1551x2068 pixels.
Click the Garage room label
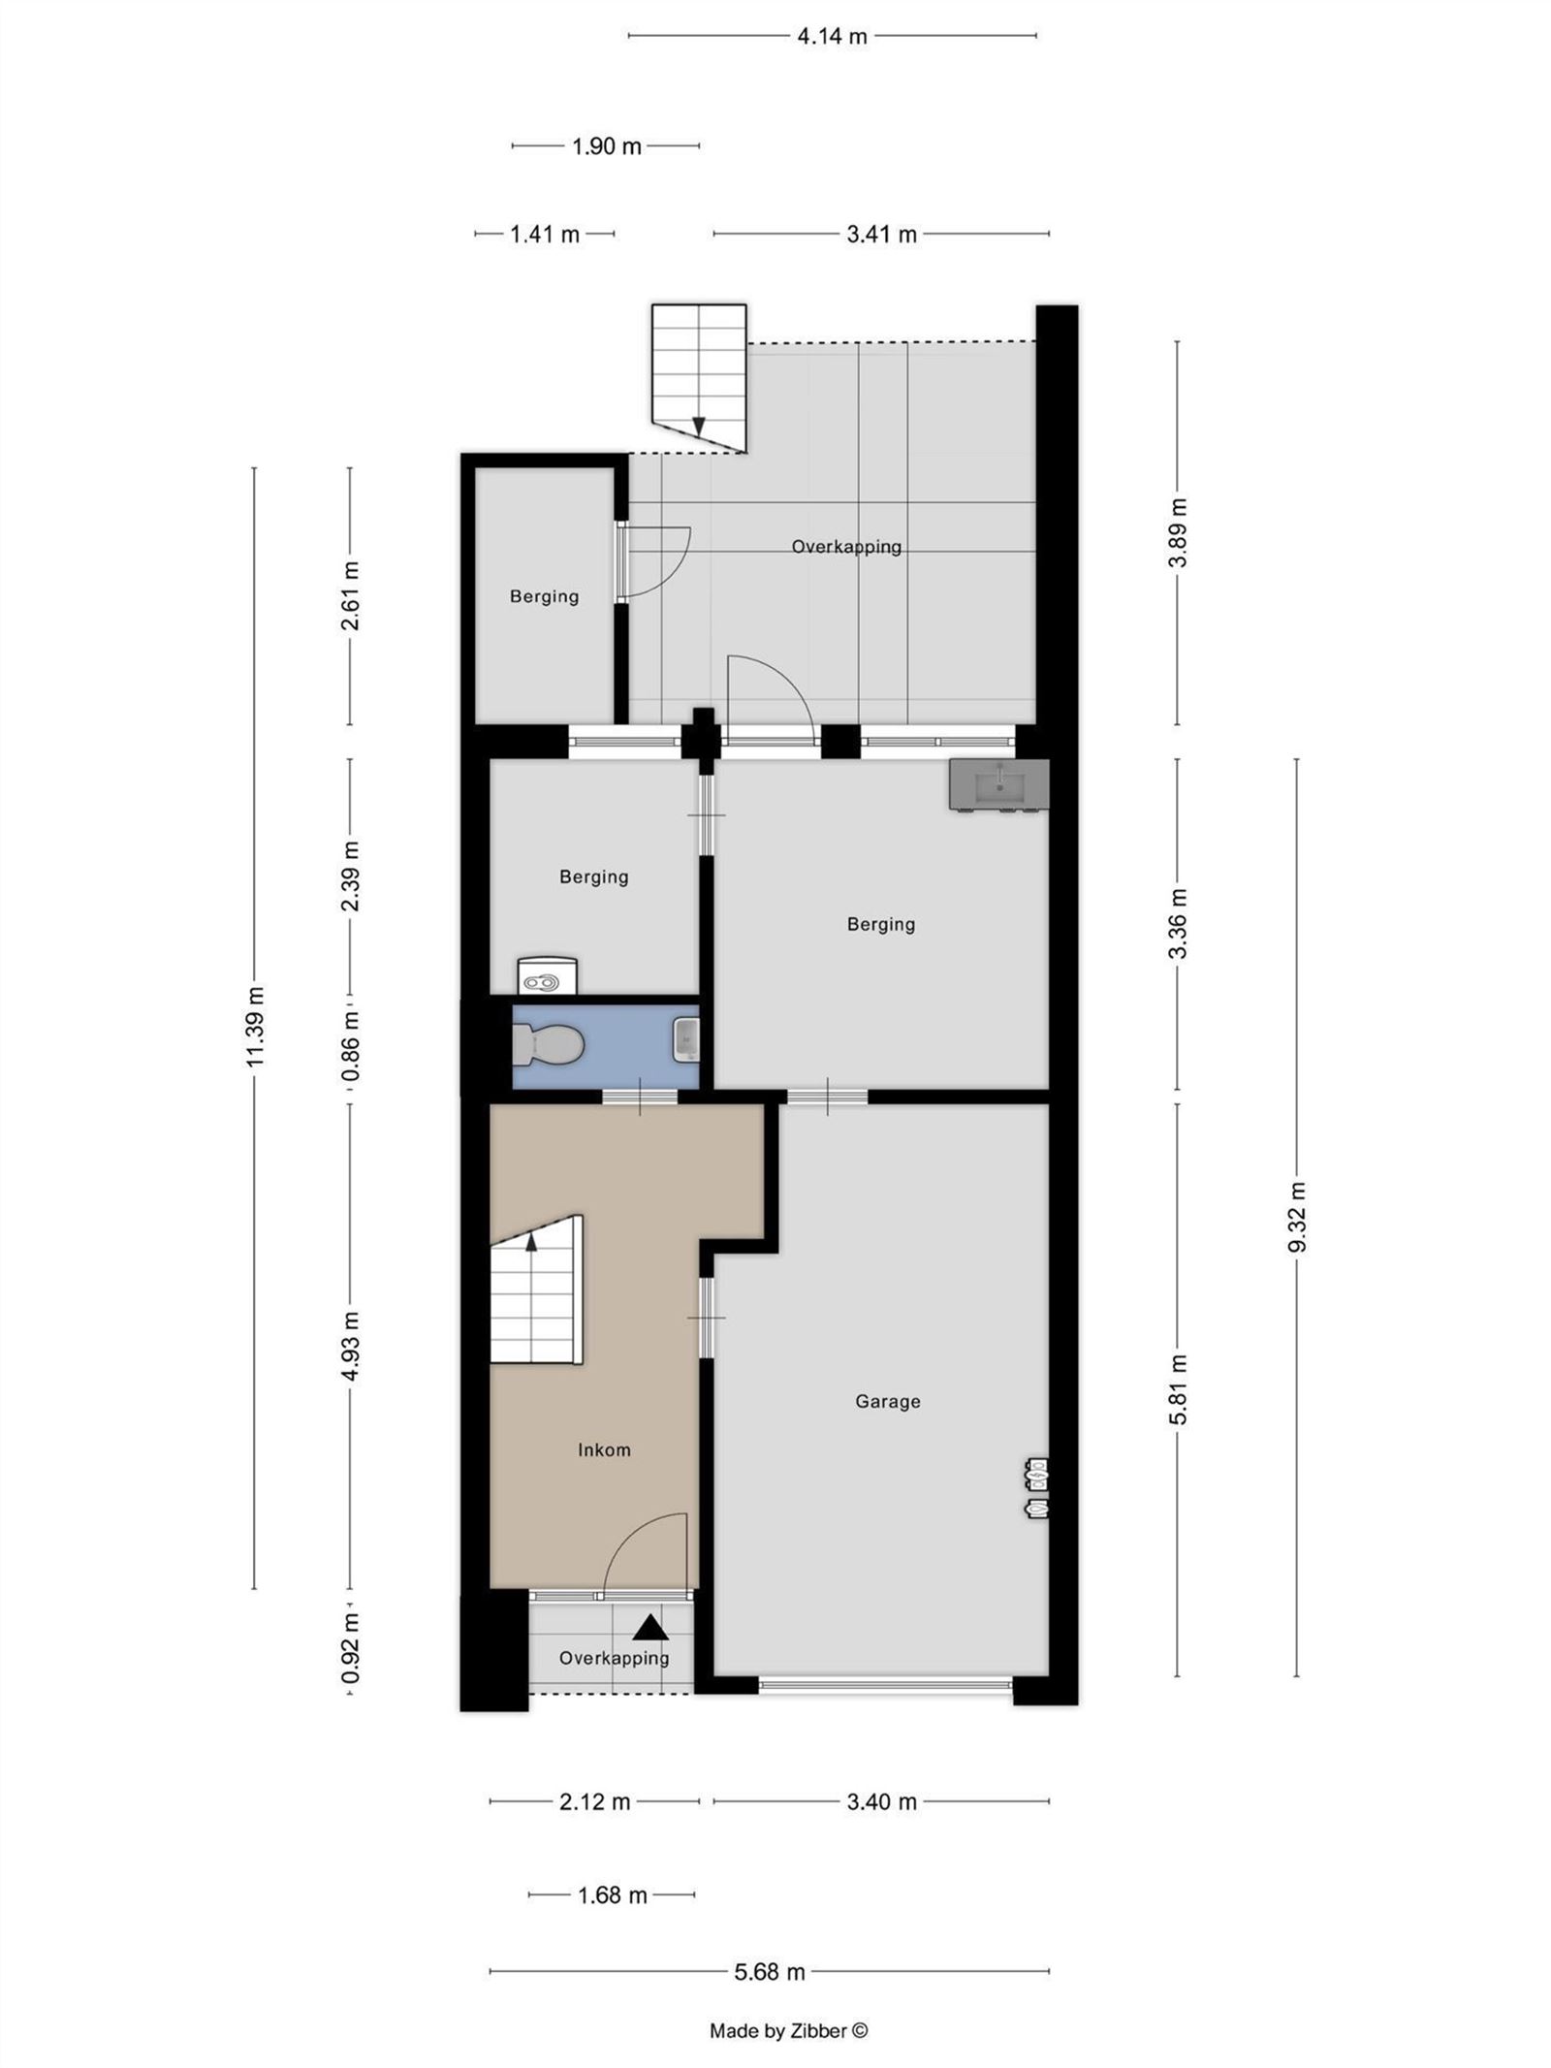(887, 1401)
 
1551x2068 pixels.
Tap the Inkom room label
(604, 1449)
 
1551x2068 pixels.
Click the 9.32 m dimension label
(1297, 1218)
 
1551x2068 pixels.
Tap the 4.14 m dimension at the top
(832, 37)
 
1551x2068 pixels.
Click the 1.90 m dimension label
(607, 146)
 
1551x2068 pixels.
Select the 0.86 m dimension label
(351, 1047)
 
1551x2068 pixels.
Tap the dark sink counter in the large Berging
(998, 783)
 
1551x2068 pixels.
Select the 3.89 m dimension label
(1178, 533)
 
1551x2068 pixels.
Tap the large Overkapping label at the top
(846, 547)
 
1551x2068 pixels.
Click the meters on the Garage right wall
(1037, 1487)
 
